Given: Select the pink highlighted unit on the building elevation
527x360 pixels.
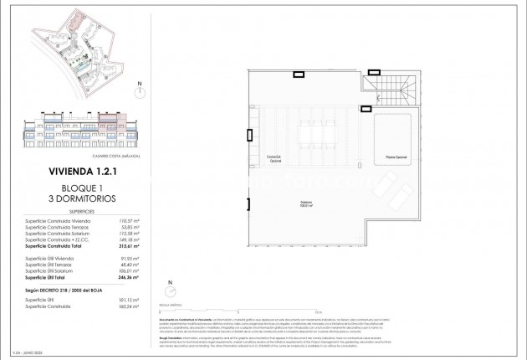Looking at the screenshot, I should coord(108,119).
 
